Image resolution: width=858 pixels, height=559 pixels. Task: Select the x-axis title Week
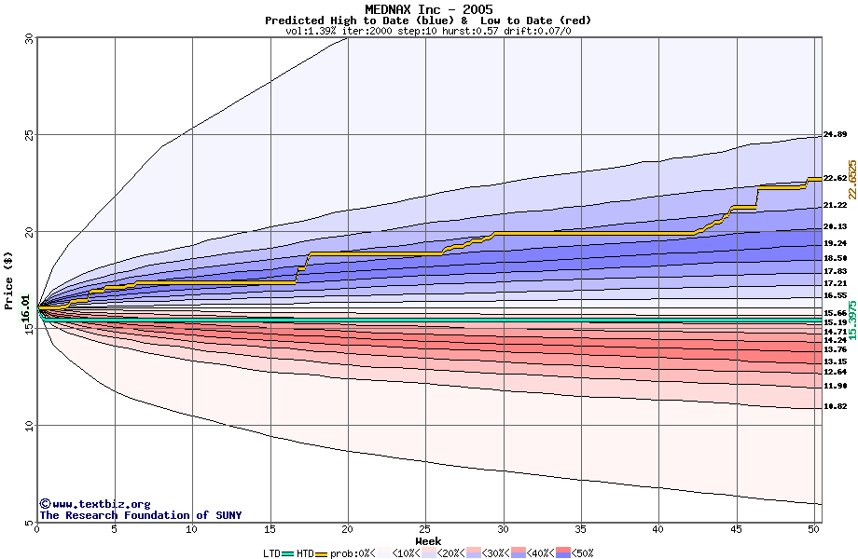(x=428, y=540)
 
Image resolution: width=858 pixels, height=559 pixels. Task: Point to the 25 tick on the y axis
(x=28, y=135)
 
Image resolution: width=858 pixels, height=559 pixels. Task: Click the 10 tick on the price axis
(x=28, y=426)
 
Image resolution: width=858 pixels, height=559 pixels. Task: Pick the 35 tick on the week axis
(x=580, y=530)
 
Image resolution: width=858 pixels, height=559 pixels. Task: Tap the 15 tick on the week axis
(x=270, y=530)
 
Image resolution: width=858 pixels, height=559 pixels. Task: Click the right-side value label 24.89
(x=835, y=135)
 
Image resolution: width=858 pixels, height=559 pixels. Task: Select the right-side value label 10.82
(x=835, y=407)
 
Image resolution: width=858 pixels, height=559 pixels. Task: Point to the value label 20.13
(x=835, y=226)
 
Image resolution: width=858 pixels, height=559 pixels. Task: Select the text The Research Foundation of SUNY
(x=140, y=515)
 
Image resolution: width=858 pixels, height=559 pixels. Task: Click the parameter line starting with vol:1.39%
(x=428, y=31)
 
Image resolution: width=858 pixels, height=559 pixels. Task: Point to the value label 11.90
(x=835, y=386)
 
